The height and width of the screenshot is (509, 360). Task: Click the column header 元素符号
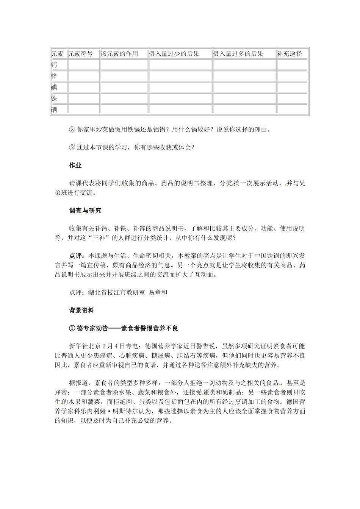click(80, 54)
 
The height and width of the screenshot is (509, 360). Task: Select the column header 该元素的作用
click(119, 54)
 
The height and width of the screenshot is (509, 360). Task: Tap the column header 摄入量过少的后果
click(174, 54)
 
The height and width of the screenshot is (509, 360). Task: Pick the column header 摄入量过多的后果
click(238, 54)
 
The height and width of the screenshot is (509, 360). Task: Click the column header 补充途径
click(290, 54)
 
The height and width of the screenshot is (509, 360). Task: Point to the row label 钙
click(54, 65)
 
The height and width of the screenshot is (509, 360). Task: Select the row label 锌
click(54, 76)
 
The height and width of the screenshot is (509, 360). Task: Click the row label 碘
click(54, 87)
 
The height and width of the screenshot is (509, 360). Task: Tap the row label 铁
click(54, 98)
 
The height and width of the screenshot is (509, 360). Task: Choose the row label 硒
click(54, 110)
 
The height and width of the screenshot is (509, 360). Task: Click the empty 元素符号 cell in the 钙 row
click(83, 65)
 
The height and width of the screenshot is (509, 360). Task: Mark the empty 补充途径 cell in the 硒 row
click(292, 110)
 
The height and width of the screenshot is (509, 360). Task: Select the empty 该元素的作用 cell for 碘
click(124, 87)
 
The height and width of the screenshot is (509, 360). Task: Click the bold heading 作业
click(75, 166)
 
